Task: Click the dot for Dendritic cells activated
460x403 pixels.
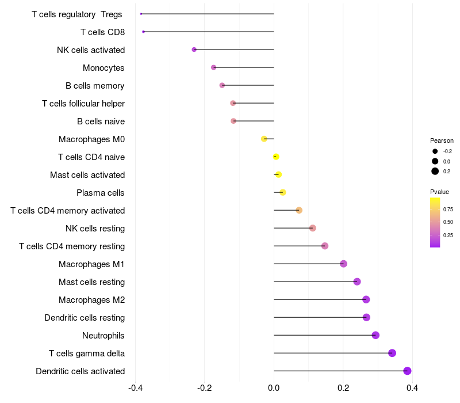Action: (x=407, y=371)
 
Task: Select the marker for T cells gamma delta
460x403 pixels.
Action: (x=392, y=353)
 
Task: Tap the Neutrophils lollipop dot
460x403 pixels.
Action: (x=375, y=335)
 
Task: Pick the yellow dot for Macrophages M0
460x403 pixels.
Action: (x=264, y=139)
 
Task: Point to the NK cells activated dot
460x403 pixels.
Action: (x=194, y=50)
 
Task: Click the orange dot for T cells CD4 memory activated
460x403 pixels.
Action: (x=299, y=210)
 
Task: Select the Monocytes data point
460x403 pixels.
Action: (x=214, y=67)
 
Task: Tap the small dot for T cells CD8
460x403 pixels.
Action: (x=143, y=32)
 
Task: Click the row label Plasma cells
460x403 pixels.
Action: (x=101, y=193)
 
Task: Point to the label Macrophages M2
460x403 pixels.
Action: (x=91, y=300)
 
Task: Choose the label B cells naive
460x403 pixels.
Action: (x=101, y=121)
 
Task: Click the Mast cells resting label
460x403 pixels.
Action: (x=91, y=282)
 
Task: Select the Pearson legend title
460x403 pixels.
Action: (x=442, y=140)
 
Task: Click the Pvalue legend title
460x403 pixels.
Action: (x=440, y=192)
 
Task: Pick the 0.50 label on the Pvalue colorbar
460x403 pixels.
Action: (x=448, y=222)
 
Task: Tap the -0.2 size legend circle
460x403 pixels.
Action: (x=435, y=151)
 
